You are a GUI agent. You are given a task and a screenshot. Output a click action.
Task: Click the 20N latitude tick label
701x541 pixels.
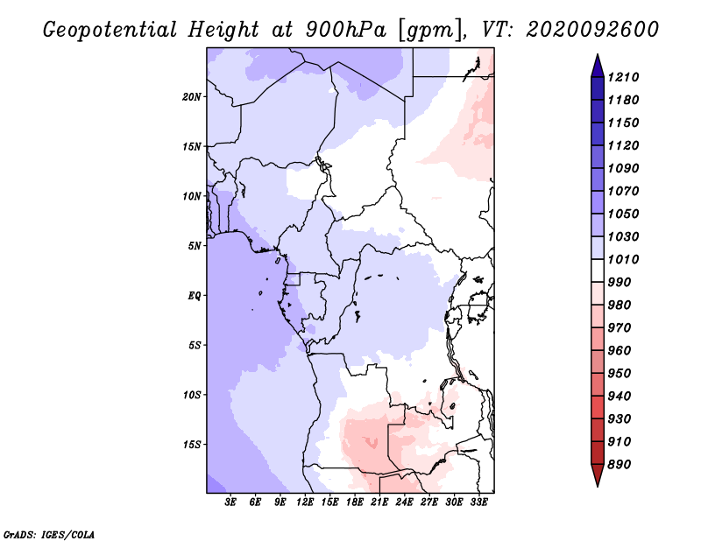(192, 96)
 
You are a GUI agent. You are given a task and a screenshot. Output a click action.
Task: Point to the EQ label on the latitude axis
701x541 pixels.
(195, 296)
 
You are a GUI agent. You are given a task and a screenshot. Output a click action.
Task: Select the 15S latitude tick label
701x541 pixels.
(192, 445)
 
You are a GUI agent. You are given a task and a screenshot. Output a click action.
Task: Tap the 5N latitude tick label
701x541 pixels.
(195, 246)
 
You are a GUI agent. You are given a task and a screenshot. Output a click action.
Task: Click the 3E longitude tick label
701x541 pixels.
(231, 502)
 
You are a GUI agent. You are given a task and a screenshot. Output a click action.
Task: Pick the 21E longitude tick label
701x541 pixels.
(379, 502)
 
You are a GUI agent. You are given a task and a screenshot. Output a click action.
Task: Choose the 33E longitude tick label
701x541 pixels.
(478, 502)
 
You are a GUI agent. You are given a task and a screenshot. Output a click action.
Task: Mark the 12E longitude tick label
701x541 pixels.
(305, 502)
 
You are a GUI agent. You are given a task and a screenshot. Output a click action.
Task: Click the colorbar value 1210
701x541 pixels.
(626, 77)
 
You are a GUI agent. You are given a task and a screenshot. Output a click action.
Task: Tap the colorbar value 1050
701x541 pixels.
(626, 214)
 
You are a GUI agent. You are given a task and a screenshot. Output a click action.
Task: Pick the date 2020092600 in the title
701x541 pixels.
(591, 29)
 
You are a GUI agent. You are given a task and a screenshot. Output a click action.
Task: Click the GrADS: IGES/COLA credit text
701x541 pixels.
(37, 532)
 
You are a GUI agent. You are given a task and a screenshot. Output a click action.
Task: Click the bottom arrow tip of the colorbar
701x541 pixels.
(596, 484)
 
